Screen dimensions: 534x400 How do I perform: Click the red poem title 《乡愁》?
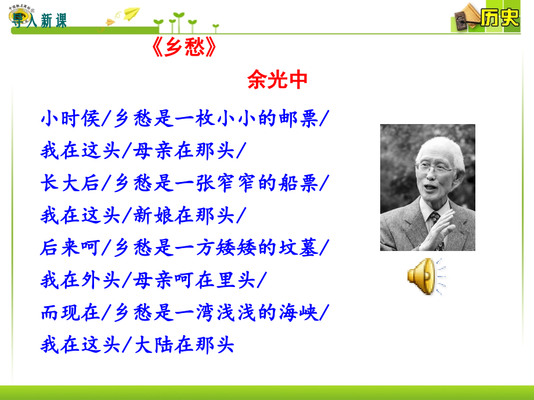(184, 47)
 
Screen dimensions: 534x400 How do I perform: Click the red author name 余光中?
(277, 80)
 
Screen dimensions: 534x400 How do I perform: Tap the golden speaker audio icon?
(425, 276)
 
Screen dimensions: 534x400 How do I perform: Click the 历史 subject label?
(500, 17)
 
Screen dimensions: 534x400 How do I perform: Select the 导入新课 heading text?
(39, 20)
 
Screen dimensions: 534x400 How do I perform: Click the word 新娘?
(153, 215)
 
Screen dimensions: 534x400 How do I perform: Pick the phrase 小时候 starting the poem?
(70, 119)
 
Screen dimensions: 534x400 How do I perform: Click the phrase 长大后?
(70, 183)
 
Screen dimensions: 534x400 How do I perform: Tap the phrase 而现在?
(70, 312)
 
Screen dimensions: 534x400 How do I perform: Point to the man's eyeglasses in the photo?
(435, 168)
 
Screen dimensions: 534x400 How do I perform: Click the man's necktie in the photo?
(435, 221)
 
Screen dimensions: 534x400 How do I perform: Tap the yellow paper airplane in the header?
(131, 13)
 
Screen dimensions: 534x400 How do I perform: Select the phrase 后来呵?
(70, 248)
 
